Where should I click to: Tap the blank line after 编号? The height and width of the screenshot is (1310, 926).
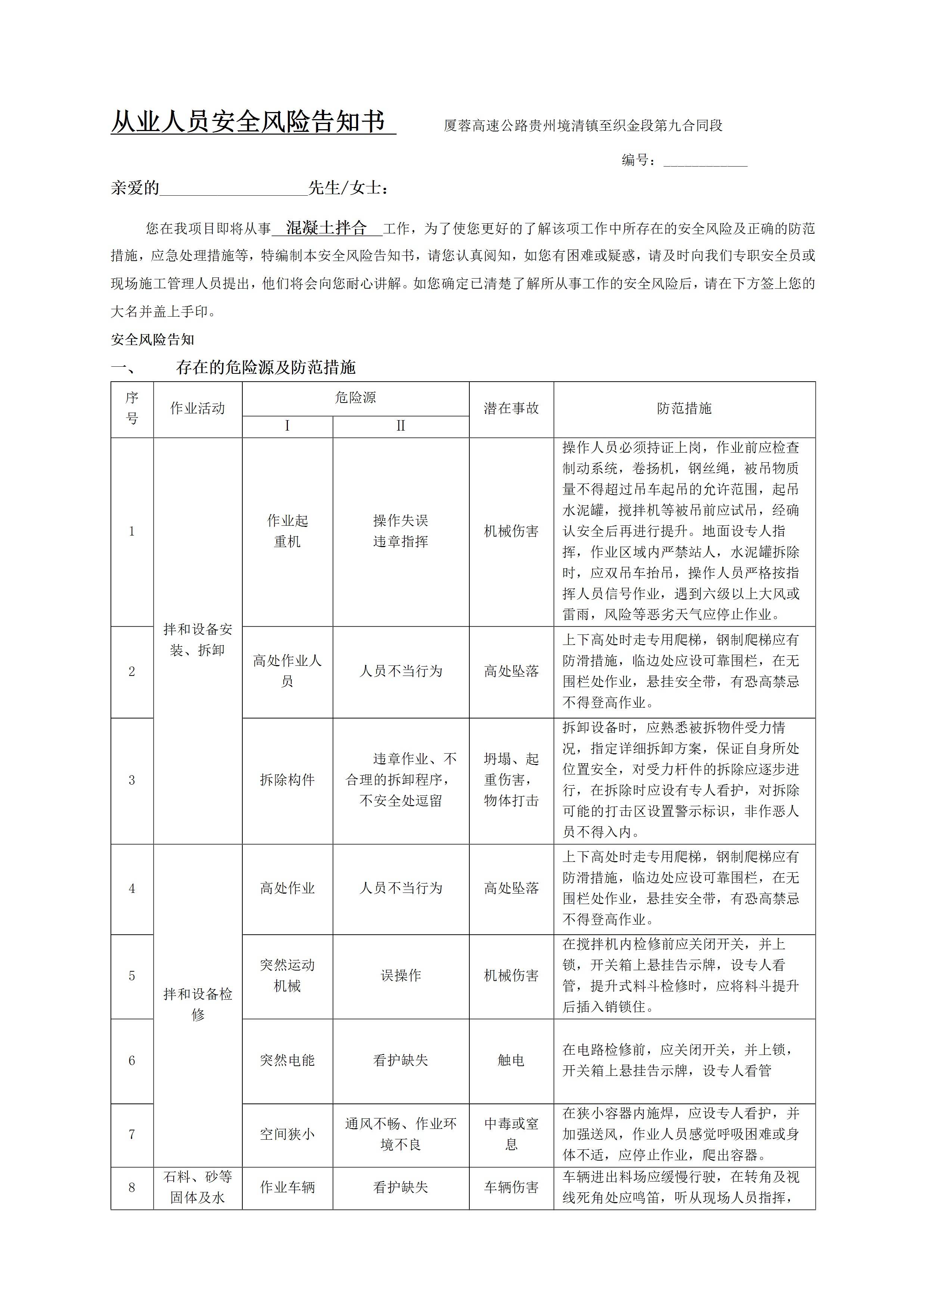tap(705, 161)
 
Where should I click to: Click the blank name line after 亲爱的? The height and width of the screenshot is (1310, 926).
tap(234, 188)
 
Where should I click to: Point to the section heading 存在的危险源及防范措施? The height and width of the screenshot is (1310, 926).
tap(266, 367)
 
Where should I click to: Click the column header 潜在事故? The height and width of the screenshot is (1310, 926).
tap(511, 409)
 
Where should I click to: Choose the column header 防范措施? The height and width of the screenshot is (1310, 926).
tap(684, 409)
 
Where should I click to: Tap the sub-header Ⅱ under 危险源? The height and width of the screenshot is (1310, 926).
tap(401, 426)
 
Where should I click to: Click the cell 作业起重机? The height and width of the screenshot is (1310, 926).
tap(288, 531)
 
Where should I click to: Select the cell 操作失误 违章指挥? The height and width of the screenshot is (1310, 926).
tap(401, 531)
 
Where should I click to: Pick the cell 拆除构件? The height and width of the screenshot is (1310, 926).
tap(288, 780)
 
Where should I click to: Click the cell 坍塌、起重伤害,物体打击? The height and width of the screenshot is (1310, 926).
tap(511, 780)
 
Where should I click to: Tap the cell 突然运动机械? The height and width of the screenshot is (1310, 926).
tap(288, 976)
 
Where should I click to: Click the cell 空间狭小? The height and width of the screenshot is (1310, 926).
tap(288, 1134)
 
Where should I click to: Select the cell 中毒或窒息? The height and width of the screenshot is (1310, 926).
tap(511, 1134)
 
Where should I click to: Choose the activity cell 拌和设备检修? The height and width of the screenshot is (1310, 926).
tap(198, 1004)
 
